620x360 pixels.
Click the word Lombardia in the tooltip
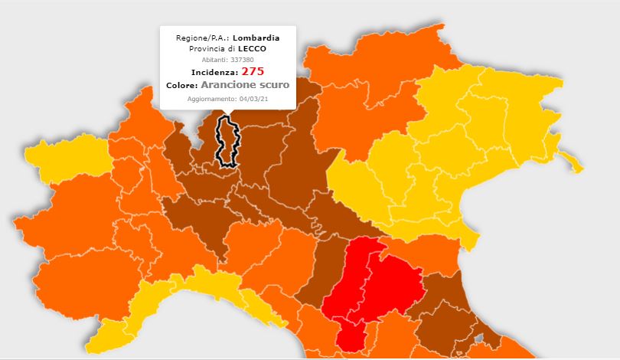[256, 38]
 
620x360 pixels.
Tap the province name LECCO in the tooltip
[253, 48]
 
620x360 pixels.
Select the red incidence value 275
[253, 71]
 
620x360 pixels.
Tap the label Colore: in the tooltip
[182, 85]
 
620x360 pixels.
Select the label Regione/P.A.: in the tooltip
[202, 38]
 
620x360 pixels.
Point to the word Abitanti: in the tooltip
[214, 59]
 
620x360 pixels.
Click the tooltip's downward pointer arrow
[228, 113]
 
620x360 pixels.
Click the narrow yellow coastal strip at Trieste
[570, 161]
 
